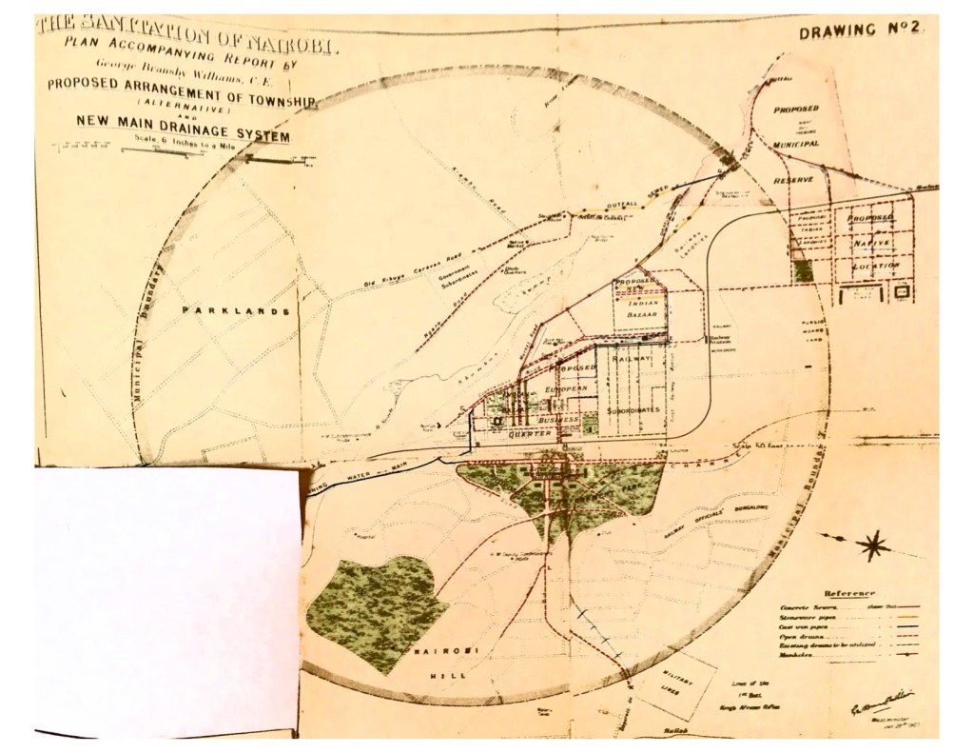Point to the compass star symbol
[873, 545]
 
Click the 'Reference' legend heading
[853, 592]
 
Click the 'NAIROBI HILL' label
[420, 664]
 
